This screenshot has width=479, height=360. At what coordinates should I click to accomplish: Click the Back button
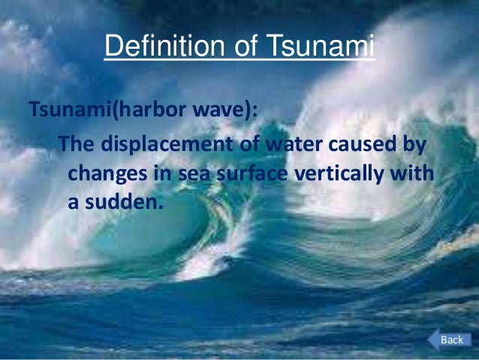tap(451, 340)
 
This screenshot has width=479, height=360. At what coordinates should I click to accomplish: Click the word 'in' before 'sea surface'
tap(159, 172)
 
